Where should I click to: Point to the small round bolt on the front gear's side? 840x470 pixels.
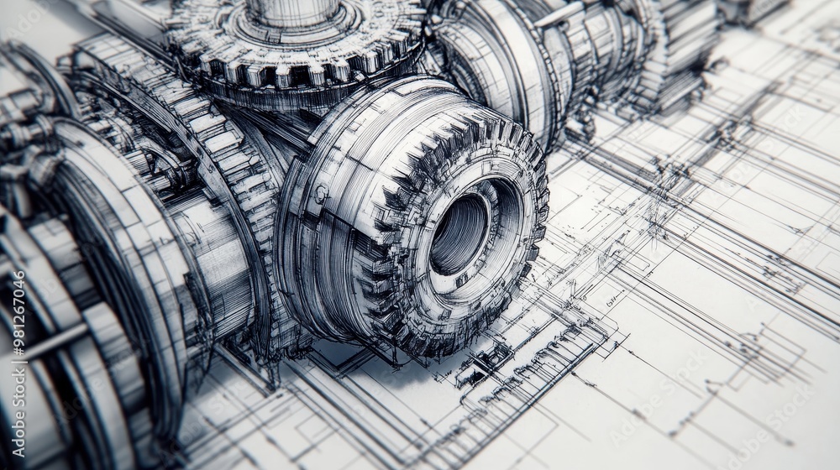[x=321, y=194]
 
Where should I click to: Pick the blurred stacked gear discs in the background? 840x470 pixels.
[x=680, y=50]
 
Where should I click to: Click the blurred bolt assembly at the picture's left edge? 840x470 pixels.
[x=25, y=134]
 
